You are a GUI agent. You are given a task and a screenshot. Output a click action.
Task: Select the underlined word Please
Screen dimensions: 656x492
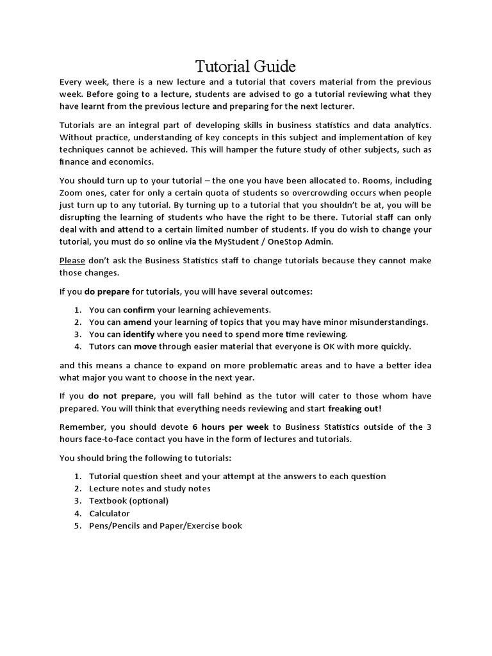(72, 260)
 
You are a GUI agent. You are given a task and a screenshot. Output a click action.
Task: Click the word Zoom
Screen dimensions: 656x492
(72, 192)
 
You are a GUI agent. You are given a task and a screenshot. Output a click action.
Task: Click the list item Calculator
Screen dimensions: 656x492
(110, 513)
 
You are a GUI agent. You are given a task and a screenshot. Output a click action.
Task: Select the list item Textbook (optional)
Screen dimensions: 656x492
(129, 500)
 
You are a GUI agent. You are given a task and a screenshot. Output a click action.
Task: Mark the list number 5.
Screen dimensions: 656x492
(76, 526)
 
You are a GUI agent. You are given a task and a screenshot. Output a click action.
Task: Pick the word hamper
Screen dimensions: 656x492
(211, 149)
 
